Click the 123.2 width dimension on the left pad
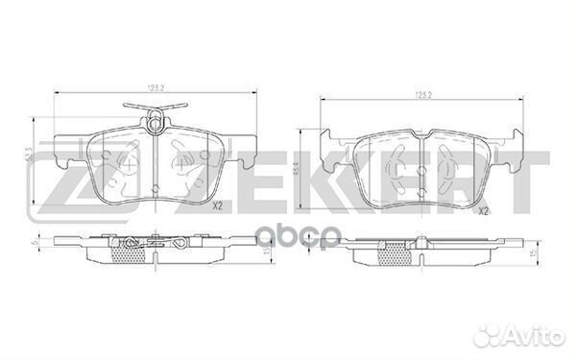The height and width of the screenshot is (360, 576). point(150,85)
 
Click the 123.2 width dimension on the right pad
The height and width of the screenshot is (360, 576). point(421,95)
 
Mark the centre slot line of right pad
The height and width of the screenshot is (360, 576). point(421,173)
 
